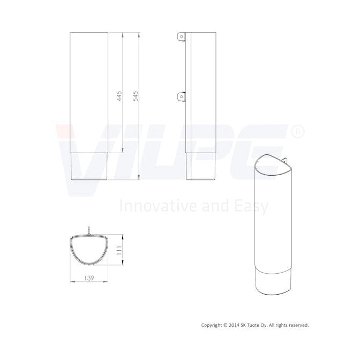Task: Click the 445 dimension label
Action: tap(119, 96)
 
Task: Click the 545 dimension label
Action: tap(136, 96)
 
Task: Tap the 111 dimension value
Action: tap(119, 250)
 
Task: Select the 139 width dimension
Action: tap(89, 278)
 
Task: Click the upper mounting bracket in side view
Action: tap(182, 36)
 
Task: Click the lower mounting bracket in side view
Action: tap(182, 96)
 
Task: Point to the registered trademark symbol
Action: tap(298, 132)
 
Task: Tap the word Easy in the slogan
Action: tap(251, 206)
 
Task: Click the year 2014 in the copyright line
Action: tap(234, 325)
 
